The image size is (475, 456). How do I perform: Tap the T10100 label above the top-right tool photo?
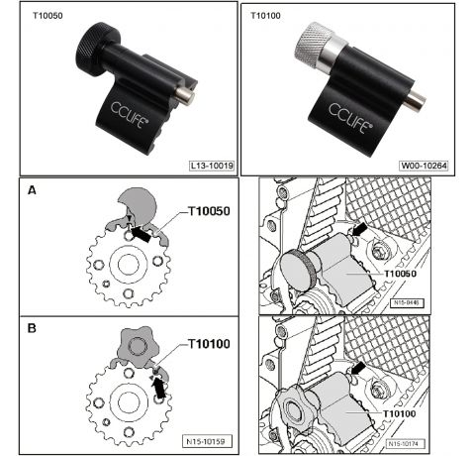(266, 17)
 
